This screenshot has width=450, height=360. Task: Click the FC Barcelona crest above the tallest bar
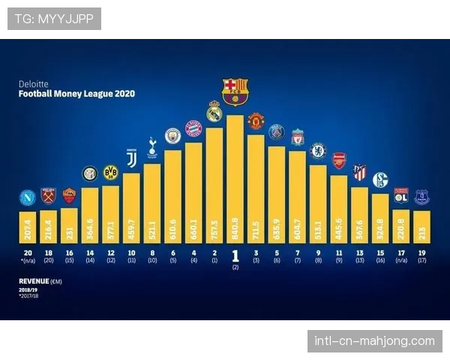[235, 90]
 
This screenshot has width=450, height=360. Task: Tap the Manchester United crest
[256, 121]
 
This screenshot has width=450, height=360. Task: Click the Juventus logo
[131, 157]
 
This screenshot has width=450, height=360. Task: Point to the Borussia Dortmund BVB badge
[110, 172]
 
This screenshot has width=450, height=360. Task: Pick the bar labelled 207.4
[28, 223]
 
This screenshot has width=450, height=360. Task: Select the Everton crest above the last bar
[421, 197]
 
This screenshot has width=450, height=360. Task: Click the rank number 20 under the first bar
[28, 253]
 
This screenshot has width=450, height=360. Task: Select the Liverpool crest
[298, 136]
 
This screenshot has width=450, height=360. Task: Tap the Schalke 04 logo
[380, 180]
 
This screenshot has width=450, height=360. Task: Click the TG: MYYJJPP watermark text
[54, 19]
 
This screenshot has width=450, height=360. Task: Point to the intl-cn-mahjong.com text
[375, 341]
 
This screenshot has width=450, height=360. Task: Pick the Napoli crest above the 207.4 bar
[28, 197]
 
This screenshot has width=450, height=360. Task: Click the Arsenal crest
[339, 160]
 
